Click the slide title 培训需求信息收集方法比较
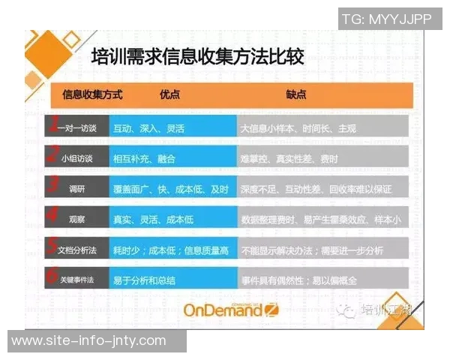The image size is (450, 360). point(197,58)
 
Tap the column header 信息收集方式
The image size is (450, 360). point(91,95)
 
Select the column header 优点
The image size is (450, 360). point(169,95)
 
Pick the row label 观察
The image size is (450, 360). point(76,219)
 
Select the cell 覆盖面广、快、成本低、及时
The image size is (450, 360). point(170,189)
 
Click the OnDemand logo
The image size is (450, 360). point(231,310)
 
